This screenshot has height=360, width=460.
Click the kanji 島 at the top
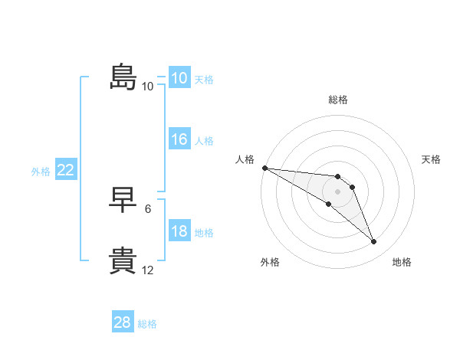tap(123, 77)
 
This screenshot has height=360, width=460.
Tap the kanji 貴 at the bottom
tap(123, 260)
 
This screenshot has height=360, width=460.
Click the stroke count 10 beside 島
tap(147, 87)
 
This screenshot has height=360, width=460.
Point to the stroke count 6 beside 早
tap(147, 208)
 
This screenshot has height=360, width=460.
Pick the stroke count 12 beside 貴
tap(147, 270)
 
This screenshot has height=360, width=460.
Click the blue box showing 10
tap(179, 78)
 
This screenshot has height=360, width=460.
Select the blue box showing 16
tap(179, 139)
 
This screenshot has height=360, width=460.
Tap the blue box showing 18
tap(179, 231)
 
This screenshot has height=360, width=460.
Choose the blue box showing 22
tap(65, 171)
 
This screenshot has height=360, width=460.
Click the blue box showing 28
tap(122, 322)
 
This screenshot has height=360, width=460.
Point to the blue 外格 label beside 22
tap(41, 172)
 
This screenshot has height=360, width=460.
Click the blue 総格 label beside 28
tap(147, 324)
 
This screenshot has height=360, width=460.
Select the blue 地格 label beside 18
tap(204, 233)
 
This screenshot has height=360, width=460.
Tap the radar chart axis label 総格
tap(338, 100)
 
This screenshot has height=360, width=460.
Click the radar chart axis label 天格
tap(432, 159)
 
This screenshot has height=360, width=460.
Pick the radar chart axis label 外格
tap(270, 262)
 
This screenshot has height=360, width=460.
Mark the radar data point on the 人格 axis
tap(264, 168)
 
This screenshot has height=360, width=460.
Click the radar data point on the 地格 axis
tap(374, 242)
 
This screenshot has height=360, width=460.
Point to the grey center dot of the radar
tap(338, 191)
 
